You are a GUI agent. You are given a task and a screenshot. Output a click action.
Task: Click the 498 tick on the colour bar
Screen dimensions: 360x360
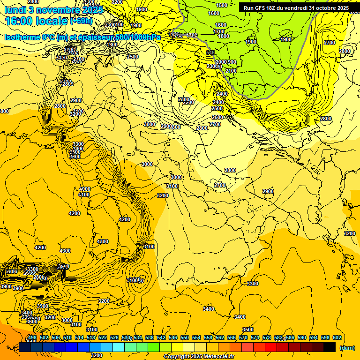click(x=32, y=338)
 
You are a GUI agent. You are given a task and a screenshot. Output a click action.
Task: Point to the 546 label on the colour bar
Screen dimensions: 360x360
click(x=173, y=338)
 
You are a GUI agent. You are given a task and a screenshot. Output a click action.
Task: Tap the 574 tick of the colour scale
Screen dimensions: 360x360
click(x=255, y=338)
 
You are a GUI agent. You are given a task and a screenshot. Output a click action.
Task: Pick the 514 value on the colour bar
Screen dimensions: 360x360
click(x=79, y=338)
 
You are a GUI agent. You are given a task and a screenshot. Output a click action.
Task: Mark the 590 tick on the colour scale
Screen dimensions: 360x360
click(x=302, y=338)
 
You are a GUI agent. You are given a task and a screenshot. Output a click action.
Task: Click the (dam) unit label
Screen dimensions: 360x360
click(x=346, y=347)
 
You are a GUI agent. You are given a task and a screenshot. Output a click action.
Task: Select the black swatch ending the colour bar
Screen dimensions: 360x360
click(x=329, y=347)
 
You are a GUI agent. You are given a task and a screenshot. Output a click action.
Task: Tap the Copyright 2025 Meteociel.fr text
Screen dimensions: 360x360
click(x=199, y=357)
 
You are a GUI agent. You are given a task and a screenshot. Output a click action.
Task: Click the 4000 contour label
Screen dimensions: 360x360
click(x=84, y=189)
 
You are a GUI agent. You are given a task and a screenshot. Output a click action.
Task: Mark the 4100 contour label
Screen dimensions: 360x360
click(x=84, y=195)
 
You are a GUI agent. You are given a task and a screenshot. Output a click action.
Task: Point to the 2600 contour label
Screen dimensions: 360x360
click(x=217, y=117)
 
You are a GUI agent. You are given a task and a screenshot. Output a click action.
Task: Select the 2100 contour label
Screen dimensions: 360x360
click(x=231, y=71)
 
